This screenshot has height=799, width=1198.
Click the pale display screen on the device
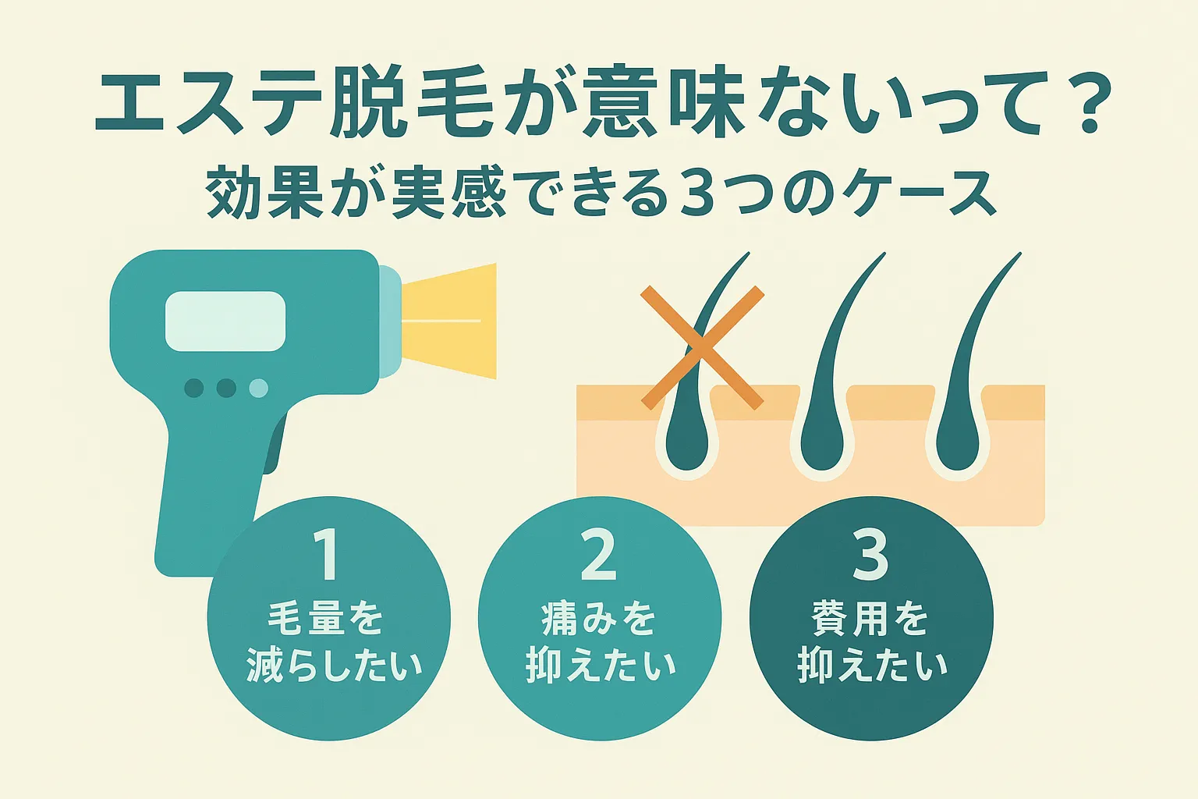225,321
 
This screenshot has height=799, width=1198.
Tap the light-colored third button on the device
259,388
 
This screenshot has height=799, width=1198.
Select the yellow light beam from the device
449,321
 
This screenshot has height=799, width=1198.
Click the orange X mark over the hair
702,348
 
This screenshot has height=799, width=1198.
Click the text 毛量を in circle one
326,619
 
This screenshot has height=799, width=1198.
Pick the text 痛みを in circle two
599,619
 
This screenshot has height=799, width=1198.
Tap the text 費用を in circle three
870,619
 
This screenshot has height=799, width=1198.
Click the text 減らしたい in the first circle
335,666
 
